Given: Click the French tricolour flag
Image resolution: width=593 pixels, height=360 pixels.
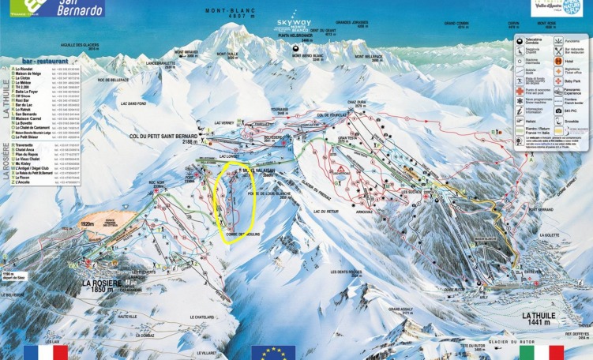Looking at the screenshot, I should [46, 352].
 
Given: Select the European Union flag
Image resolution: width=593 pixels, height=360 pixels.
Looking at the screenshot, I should [272, 352].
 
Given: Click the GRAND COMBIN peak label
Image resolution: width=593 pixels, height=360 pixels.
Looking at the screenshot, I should [459, 24].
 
